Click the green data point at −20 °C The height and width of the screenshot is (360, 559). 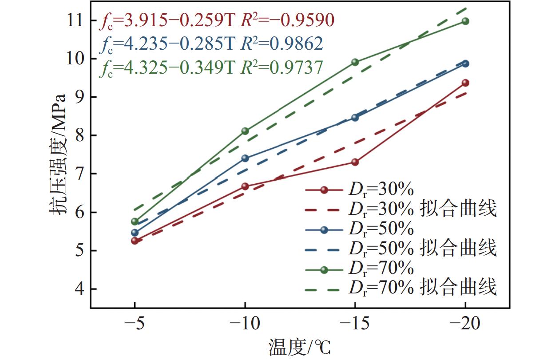click(x=465, y=21)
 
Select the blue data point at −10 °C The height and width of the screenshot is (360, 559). click(x=245, y=158)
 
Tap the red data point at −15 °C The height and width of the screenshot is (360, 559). click(x=355, y=162)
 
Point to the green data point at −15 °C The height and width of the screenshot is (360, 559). click(x=355, y=62)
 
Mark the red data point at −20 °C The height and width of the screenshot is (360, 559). click(x=465, y=83)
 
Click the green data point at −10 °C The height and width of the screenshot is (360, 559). click(x=245, y=131)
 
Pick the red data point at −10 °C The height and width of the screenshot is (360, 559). click(x=245, y=186)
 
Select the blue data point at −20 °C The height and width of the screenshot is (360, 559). click(x=465, y=63)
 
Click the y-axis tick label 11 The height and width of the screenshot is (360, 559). click(x=75, y=20)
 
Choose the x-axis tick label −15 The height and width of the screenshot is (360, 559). click(x=355, y=324)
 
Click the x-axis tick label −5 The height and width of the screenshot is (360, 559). click(x=135, y=324)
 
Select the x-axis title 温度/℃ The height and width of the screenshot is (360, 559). click(x=300, y=347)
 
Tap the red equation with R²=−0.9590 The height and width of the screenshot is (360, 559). click(x=216, y=21)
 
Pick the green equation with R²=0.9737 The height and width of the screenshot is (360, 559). click(x=210, y=68)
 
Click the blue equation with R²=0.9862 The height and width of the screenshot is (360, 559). click(x=210, y=44)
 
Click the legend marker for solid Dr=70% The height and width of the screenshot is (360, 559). click(x=324, y=269)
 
